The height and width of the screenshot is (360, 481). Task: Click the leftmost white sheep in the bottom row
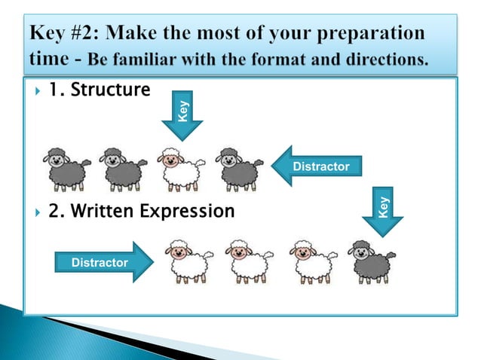188,261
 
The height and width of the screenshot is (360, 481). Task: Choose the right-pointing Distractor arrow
104,262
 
